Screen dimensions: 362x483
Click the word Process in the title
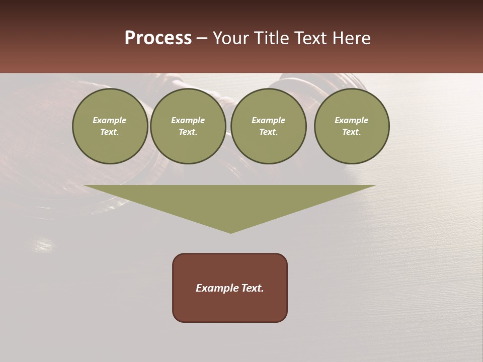tap(158, 38)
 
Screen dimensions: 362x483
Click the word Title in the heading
tap(272, 38)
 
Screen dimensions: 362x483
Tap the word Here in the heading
tap(351, 38)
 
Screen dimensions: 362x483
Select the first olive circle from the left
tap(110, 126)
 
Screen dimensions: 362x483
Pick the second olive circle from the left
tap(188, 126)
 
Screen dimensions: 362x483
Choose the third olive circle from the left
tap(269, 126)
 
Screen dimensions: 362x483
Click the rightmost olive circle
tap(352, 126)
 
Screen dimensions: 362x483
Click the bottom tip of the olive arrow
tap(230, 232)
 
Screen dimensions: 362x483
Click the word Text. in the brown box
tap(252, 288)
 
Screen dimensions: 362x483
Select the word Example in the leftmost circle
tap(110, 120)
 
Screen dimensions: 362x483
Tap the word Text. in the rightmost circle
tap(352, 132)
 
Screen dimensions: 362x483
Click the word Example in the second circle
tap(188, 120)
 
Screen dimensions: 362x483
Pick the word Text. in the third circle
tap(269, 132)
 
